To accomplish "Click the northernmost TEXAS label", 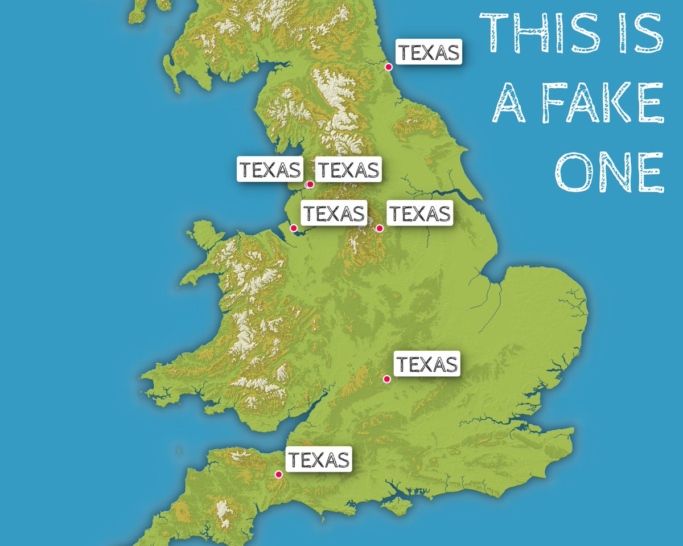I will click(x=429, y=52).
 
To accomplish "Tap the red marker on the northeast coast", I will click(x=389, y=67).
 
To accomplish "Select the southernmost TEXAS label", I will click(x=318, y=459).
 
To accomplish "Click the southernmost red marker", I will click(x=279, y=474).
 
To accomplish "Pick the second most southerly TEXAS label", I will click(x=427, y=364).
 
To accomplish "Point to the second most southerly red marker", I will click(x=386, y=379).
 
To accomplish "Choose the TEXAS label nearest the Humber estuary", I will click(x=420, y=214).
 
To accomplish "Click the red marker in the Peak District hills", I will click(x=380, y=228).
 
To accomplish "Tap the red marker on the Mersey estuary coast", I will click(x=294, y=228).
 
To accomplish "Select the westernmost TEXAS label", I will click(x=270, y=170).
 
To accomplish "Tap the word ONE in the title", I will click(x=609, y=172).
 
